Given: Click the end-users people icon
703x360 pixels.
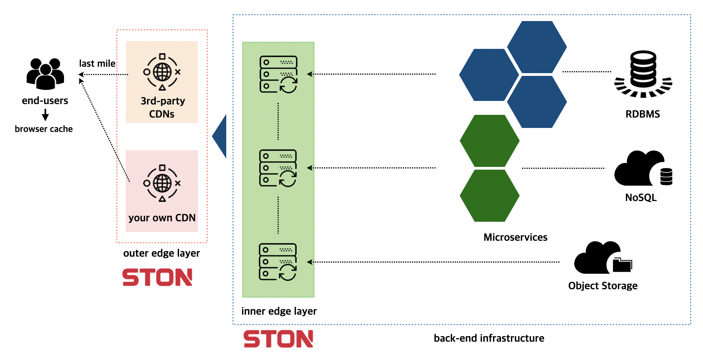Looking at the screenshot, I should pos(45,74).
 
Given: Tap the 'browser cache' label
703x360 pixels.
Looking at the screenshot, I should pos(44,129).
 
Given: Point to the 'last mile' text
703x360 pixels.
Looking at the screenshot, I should pos(97,64).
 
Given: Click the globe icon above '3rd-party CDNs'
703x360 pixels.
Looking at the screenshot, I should pos(162,72).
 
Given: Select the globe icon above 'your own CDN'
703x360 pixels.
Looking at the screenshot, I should pos(162,183).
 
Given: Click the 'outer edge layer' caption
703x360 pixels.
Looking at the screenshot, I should pos(161,253).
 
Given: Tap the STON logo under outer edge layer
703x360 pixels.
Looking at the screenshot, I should pos(157,277).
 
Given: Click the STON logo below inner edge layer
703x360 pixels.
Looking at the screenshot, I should pos(278,339).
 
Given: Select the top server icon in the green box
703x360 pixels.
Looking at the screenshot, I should pos(278,74).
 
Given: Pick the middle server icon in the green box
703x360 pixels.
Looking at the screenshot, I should pos(278,168).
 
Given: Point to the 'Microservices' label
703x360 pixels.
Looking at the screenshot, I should pos(515,237).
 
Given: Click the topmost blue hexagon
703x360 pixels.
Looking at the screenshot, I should pos(537,47).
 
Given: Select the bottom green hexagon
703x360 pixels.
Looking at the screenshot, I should pos(489,195).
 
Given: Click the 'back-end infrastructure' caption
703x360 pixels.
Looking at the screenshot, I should pos(489,338).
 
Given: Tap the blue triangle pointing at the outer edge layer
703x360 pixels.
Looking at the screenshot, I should pos(221,136).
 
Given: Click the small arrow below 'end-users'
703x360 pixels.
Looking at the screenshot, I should pos(45,115).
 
